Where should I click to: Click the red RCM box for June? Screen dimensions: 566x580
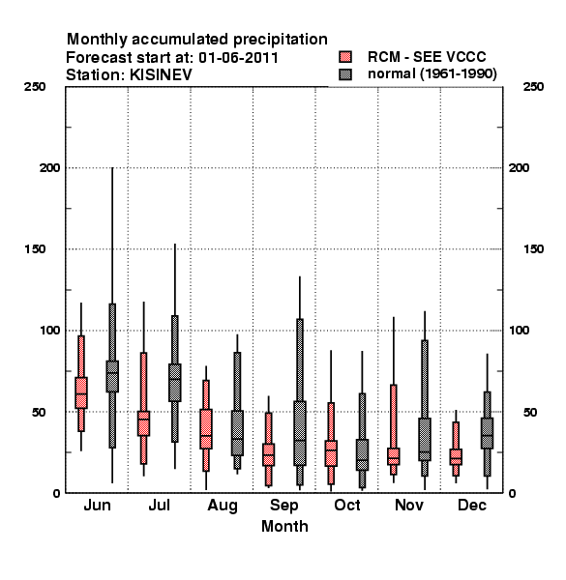[x=81, y=392]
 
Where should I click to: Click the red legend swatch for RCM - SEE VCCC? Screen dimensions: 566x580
[x=345, y=57]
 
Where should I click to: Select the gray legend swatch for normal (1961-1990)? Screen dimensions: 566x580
[x=345, y=74]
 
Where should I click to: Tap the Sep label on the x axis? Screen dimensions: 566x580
[x=284, y=506]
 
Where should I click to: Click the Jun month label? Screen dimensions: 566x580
[x=97, y=506]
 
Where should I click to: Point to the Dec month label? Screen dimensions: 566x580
[x=472, y=506]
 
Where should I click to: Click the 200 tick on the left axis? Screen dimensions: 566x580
[x=49, y=168]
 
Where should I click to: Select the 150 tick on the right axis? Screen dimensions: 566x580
[x=533, y=249]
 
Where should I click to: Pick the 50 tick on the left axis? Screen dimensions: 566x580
[x=39, y=412]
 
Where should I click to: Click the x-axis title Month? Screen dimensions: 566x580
[x=284, y=527]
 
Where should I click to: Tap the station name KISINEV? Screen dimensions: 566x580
[x=161, y=75]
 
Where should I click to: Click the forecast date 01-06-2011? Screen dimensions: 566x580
[x=238, y=58]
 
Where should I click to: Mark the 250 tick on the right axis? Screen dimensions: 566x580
[x=533, y=87]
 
